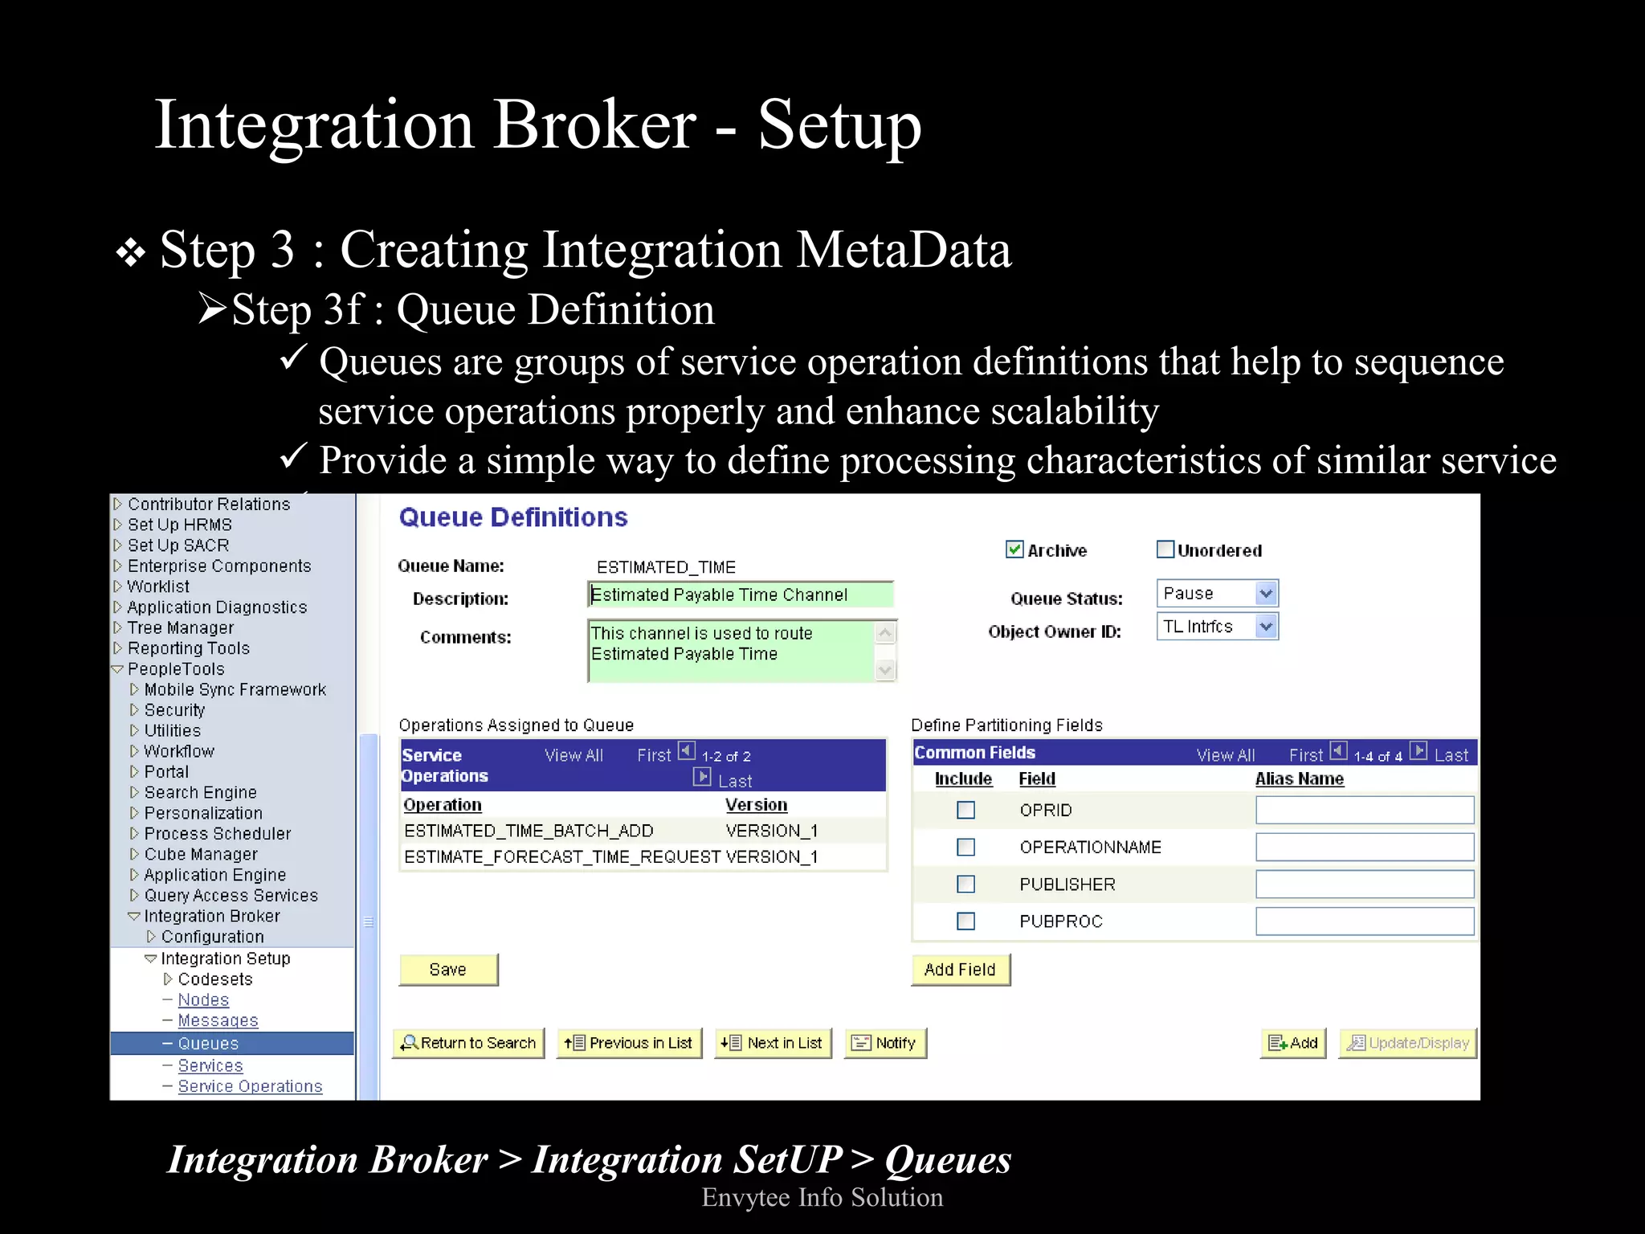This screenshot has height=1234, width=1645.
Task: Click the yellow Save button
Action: tap(448, 970)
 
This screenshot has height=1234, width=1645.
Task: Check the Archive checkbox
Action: tap(1014, 550)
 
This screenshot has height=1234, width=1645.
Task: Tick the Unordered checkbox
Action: tap(1165, 550)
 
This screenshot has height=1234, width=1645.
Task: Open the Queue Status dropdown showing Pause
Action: tap(1217, 594)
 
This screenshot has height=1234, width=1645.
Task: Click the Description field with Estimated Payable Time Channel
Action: tap(740, 595)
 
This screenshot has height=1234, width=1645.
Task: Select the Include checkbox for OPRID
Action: tap(965, 810)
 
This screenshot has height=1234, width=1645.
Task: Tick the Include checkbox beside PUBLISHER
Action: tap(965, 885)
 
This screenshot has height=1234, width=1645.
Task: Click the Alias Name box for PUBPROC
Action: tap(1364, 921)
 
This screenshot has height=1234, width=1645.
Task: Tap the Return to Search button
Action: tap(468, 1043)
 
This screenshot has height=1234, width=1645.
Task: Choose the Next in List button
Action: tap(773, 1043)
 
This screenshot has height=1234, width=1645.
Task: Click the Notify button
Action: tap(885, 1043)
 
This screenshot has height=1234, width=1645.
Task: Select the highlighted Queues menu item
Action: tap(208, 1044)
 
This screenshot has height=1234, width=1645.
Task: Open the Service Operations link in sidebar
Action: tap(250, 1086)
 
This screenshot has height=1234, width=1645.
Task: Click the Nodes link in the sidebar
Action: tap(203, 1000)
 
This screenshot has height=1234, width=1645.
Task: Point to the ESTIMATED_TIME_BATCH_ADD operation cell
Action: tap(529, 831)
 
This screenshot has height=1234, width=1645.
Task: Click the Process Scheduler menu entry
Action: tap(217, 834)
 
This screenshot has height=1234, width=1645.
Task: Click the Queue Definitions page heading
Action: tap(513, 517)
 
